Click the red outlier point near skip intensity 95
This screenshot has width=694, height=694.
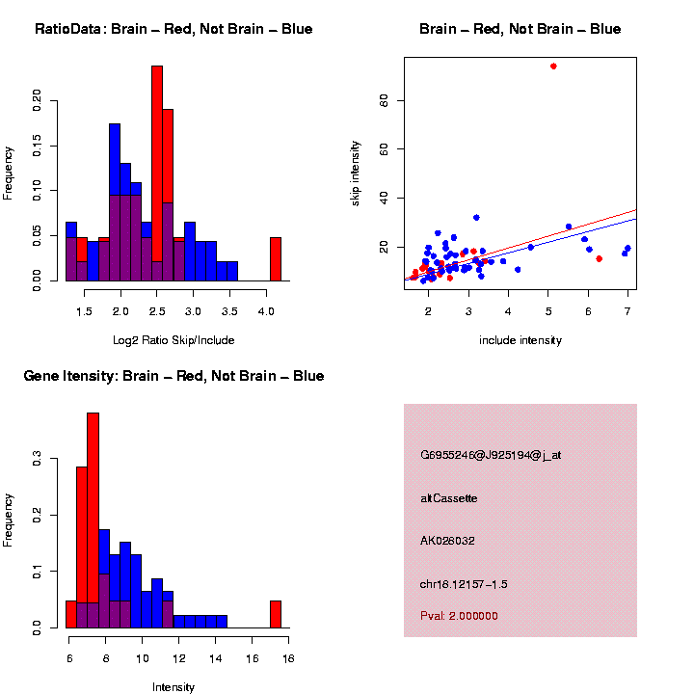point(553,67)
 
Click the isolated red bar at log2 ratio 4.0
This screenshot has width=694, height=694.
point(276,258)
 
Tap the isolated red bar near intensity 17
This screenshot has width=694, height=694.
point(276,614)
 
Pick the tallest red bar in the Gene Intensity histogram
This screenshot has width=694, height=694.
point(93,520)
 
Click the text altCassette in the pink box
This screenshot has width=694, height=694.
point(448,498)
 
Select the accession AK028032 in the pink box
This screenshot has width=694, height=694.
point(447,541)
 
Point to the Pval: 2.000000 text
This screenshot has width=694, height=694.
point(459,616)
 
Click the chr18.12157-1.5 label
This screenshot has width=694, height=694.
point(464,584)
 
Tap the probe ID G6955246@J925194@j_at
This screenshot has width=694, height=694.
point(491,455)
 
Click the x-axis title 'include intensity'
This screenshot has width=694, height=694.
point(520,340)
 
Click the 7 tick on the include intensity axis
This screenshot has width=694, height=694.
point(627,310)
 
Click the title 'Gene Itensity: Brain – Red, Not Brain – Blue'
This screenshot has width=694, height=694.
point(173,376)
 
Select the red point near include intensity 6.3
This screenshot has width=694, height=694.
point(600,258)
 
